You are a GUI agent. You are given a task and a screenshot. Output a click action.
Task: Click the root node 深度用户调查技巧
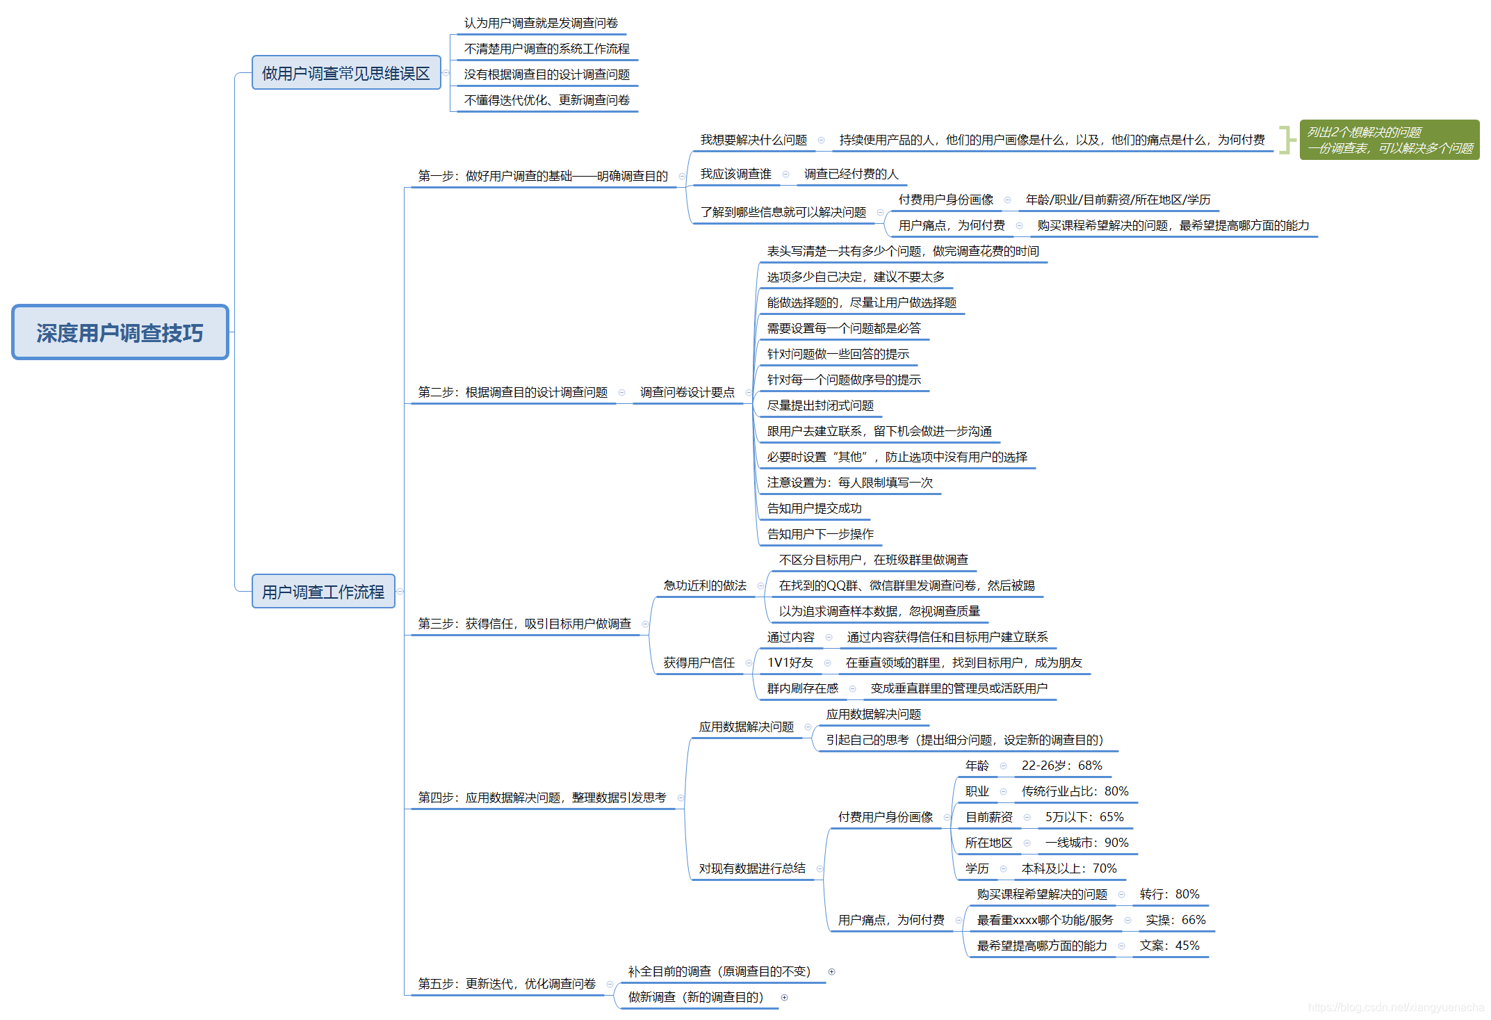(120, 332)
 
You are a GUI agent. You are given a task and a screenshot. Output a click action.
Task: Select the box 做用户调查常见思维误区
(345, 73)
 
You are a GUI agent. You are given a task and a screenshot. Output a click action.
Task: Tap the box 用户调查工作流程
(323, 592)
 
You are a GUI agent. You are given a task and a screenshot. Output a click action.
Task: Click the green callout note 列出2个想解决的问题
(1389, 140)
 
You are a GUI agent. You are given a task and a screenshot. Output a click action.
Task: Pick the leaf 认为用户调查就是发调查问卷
(541, 23)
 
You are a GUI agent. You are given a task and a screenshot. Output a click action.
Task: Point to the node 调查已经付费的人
(851, 174)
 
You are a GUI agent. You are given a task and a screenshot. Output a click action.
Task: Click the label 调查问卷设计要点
(687, 392)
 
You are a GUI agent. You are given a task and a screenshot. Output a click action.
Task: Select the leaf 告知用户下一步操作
(820, 534)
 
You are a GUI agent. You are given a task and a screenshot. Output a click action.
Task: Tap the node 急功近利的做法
(705, 585)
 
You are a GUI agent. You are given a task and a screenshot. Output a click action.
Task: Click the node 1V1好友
(790, 663)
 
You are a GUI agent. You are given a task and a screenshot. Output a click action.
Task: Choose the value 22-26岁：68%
(1061, 766)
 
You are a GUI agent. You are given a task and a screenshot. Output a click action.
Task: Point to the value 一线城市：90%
(1086, 843)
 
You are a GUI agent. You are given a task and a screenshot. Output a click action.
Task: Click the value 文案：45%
(1169, 946)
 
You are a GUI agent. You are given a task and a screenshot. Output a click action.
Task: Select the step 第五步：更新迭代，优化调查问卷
(507, 984)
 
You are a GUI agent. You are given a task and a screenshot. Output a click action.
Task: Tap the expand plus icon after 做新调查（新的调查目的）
(785, 998)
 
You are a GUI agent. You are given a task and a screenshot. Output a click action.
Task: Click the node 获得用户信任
(699, 663)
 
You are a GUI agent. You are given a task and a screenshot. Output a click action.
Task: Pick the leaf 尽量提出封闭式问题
(820, 405)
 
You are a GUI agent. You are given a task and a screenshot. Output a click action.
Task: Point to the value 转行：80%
(1169, 894)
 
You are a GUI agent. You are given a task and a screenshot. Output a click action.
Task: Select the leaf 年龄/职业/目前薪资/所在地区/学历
(1118, 200)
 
